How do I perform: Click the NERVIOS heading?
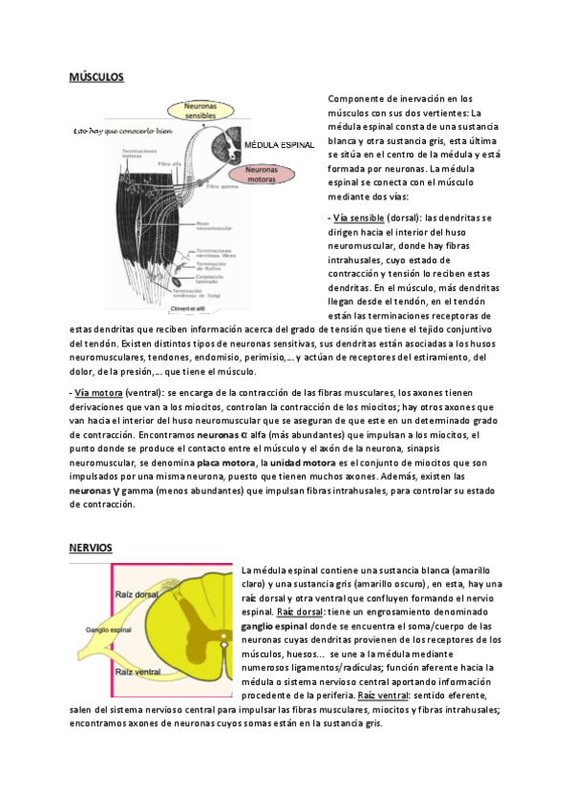pos(91,547)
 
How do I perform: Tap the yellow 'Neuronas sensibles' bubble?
pos(200,110)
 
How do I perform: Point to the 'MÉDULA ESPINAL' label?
pos(281,145)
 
